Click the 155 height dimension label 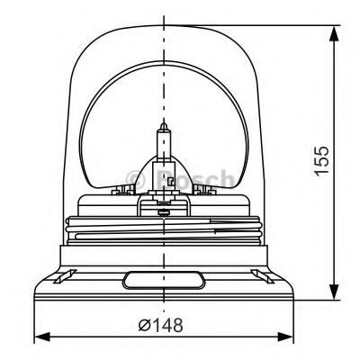coord(321,159)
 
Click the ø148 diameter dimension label coord(160,325)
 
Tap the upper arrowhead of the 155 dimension coord(334,33)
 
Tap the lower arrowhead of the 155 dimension coord(334,292)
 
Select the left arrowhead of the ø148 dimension coord(42,337)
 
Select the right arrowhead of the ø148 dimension coord(286,337)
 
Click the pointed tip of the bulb coord(164,123)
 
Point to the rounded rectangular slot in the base coord(164,280)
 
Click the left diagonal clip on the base coord(65,276)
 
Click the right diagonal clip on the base coord(263,276)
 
